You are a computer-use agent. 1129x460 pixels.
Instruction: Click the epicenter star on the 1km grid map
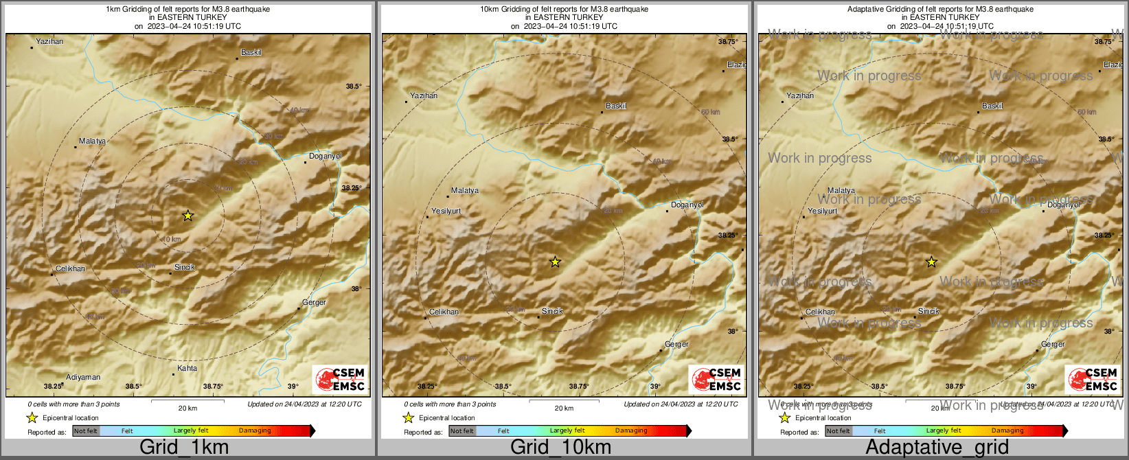(187, 216)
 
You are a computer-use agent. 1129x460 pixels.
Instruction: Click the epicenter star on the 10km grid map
(555, 262)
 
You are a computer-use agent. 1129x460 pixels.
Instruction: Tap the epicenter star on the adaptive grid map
(931, 262)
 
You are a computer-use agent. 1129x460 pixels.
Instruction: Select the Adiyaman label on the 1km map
(83, 377)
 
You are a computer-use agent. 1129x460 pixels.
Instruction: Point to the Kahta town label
(187, 368)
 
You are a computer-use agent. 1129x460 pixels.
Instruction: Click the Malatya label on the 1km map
(92, 141)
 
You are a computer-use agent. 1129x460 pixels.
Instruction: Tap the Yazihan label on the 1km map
(49, 41)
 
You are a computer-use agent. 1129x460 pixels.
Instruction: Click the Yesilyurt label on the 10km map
(446, 211)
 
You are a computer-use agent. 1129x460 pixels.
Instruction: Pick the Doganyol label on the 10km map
(687, 205)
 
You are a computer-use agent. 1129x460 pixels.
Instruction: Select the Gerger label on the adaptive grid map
(1053, 344)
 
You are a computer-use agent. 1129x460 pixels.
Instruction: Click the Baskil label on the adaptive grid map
(992, 106)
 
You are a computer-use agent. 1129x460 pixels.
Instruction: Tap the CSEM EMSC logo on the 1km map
(340, 379)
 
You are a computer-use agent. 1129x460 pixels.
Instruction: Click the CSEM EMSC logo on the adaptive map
(1093, 379)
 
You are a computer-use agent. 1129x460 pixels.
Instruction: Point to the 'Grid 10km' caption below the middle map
(560, 447)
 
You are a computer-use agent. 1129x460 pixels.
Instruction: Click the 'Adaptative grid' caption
(937, 447)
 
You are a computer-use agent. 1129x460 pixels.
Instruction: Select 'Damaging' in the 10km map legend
(631, 430)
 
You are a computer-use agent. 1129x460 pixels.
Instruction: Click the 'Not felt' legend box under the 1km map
(86, 430)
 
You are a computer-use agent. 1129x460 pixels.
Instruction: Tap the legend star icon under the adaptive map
(784, 417)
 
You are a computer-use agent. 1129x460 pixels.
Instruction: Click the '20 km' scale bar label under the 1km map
(187, 408)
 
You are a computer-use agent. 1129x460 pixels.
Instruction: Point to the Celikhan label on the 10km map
(444, 312)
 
